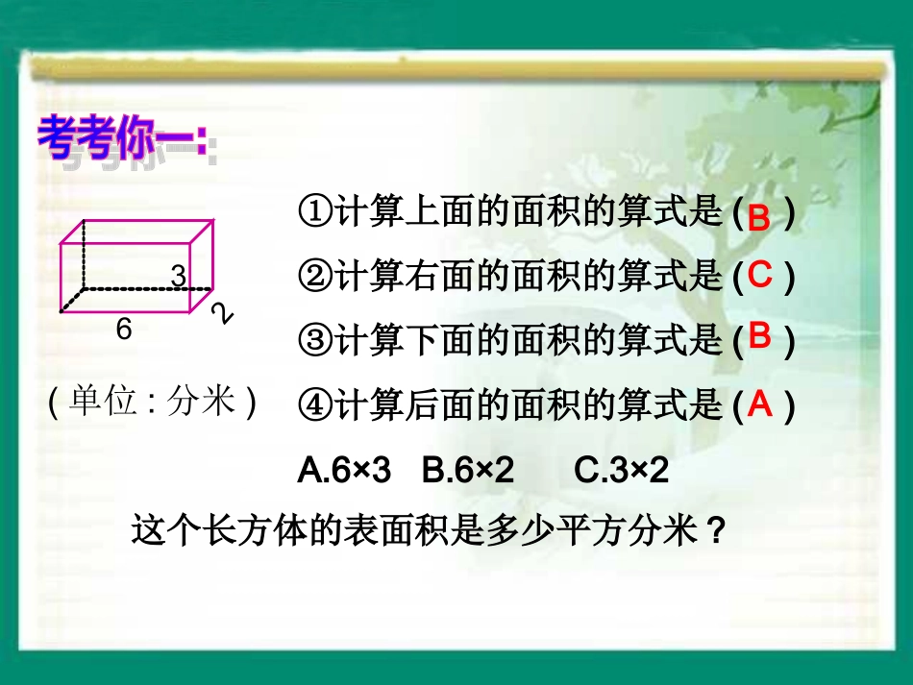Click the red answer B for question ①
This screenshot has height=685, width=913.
click(x=759, y=218)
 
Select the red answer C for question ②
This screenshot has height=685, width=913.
click(x=760, y=276)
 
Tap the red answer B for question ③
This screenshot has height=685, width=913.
click(x=760, y=336)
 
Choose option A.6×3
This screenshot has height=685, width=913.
click(x=345, y=470)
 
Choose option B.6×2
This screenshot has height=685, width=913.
click(x=468, y=470)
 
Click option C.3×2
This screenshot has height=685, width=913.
click(x=620, y=470)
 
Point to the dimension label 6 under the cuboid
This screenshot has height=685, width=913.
click(x=123, y=330)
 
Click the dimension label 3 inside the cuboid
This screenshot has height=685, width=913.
click(x=178, y=275)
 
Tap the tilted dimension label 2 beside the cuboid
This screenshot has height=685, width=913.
click(x=223, y=312)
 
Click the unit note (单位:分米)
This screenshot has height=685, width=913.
click(x=153, y=402)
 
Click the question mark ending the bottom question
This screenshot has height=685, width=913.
click(x=713, y=530)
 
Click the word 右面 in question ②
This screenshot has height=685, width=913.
click(x=441, y=277)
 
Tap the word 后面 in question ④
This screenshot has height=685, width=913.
click(x=441, y=406)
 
